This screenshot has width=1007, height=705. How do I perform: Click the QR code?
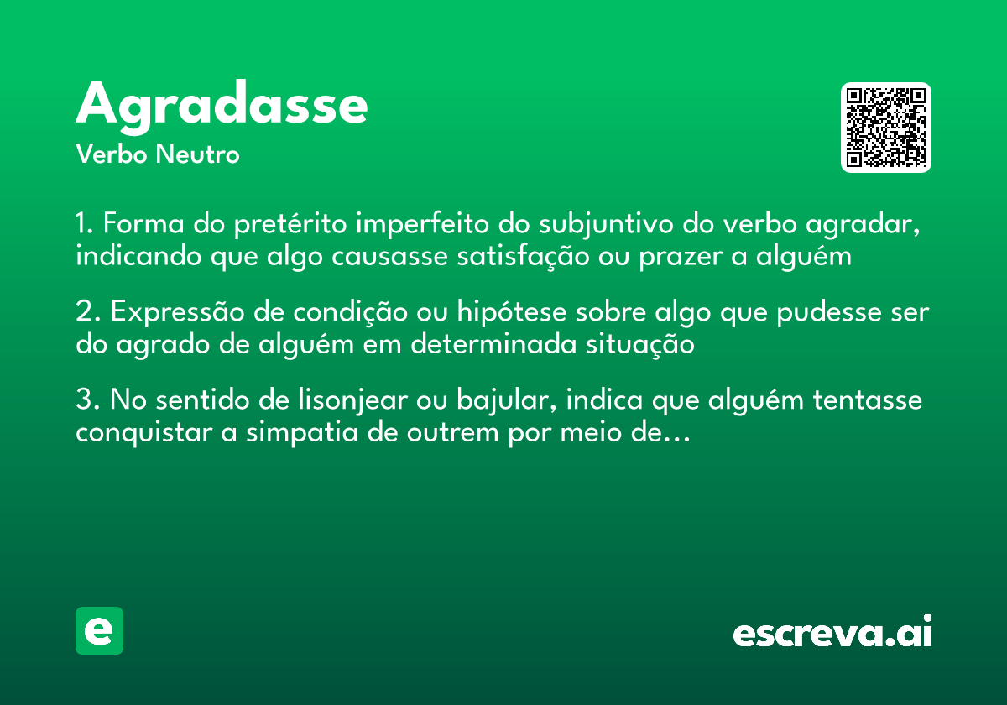point(886,128)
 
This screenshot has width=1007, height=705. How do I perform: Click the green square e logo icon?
point(99,630)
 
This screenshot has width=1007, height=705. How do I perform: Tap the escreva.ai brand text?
point(832,632)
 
